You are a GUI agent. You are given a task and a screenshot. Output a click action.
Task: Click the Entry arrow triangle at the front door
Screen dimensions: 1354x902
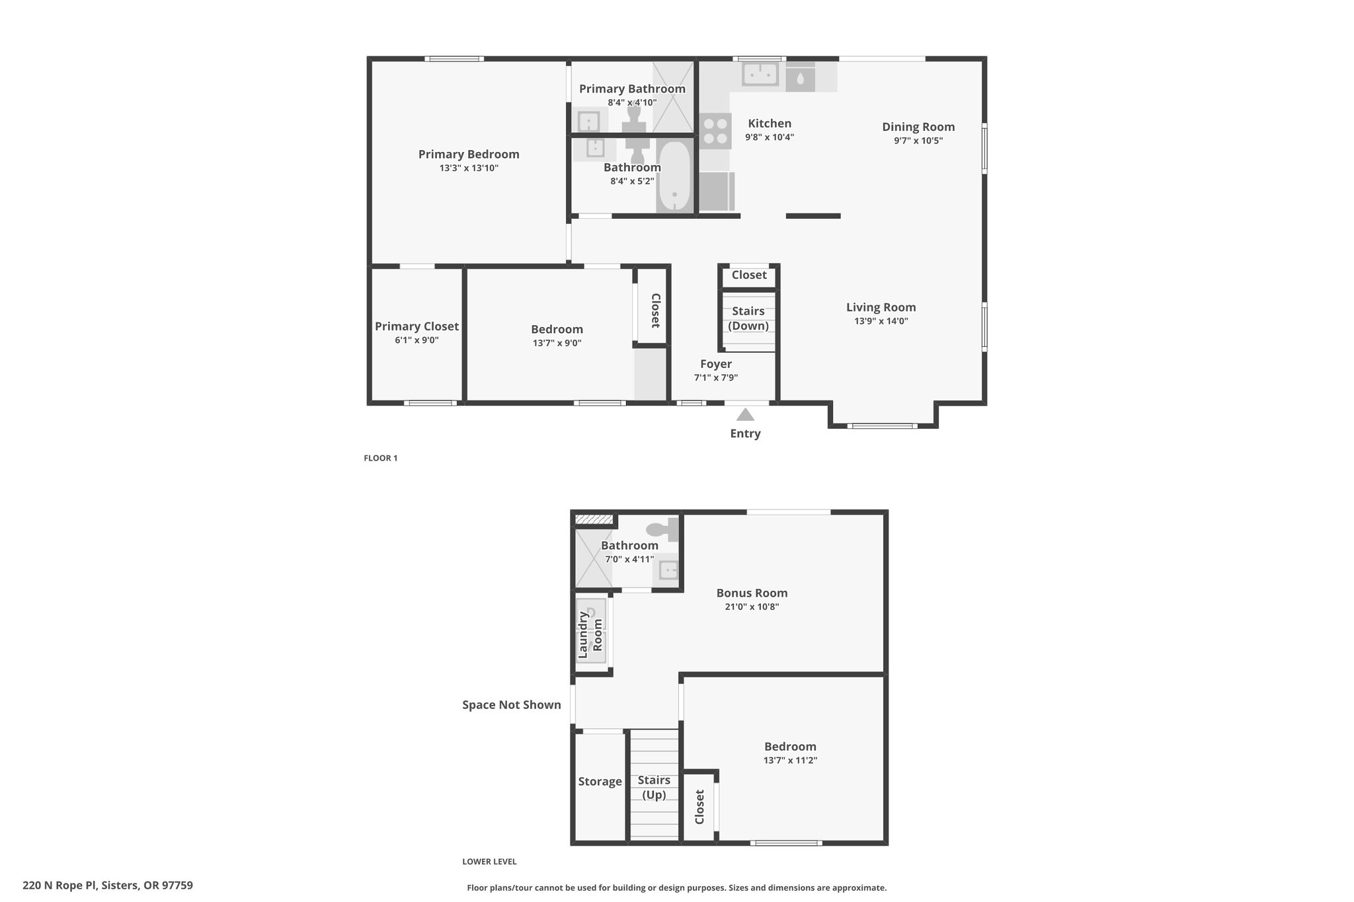tap(745, 414)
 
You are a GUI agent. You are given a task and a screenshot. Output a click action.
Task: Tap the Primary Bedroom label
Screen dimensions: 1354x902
tap(469, 154)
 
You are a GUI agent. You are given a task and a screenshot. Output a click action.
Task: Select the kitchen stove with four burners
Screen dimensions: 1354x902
tap(715, 131)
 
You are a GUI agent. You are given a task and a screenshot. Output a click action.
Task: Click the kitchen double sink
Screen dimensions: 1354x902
tap(760, 74)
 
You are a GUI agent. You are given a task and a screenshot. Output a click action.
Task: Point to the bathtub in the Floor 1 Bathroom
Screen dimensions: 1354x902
tap(674, 175)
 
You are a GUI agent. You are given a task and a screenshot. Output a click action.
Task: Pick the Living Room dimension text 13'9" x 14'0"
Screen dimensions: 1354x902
tap(881, 321)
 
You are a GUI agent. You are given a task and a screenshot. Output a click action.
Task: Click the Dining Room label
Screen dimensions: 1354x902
tap(918, 127)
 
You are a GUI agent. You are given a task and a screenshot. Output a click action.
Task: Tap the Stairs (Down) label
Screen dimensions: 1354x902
tap(748, 319)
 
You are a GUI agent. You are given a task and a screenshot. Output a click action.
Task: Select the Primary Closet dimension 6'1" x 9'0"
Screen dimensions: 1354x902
tap(417, 340)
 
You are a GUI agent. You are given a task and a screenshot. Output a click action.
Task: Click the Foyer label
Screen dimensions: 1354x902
tap(716, 364)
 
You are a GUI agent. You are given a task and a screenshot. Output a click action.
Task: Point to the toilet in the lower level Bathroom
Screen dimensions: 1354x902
tap(662, 529)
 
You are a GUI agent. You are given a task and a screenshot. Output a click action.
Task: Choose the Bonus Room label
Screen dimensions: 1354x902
tap(752, 593)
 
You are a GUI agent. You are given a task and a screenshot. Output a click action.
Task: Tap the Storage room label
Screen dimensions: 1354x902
tap(600, 782)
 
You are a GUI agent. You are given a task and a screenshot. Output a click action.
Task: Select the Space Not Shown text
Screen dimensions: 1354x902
tap(512, 704)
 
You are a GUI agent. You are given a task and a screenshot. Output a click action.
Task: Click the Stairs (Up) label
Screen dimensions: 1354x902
tap(654, 788)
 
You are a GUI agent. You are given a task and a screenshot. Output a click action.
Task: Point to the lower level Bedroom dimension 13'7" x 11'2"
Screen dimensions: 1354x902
tap(790, 761)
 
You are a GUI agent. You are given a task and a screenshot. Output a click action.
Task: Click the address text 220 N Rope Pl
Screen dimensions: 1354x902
tap(60, 885)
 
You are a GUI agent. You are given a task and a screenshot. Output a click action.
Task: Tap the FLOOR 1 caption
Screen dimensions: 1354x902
tap(381, 458)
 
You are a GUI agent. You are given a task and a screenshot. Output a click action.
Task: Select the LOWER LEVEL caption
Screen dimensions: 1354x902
tap(489, 862)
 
